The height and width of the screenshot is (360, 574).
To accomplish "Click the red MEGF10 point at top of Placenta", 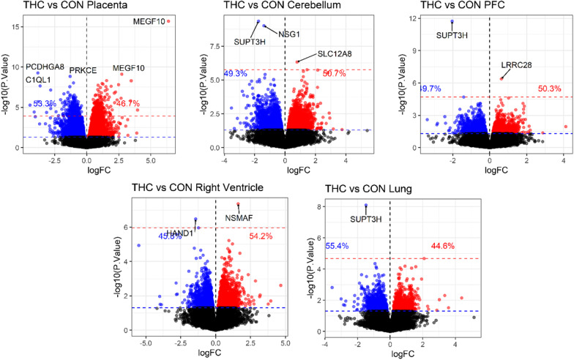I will coord(168,21).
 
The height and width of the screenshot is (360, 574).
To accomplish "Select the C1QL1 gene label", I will coord(39,80).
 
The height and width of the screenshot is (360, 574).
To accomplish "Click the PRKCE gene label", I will coord(83,71).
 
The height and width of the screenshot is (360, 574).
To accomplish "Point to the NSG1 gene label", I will coord(290,34).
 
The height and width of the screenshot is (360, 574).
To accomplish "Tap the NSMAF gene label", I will coord(241,217).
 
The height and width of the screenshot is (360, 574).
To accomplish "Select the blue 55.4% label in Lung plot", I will coord(338,247).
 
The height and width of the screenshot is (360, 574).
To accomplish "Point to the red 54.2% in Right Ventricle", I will coord(261,236).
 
